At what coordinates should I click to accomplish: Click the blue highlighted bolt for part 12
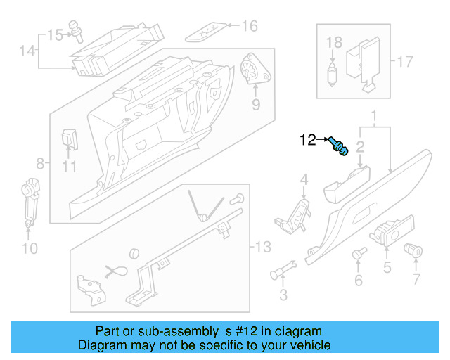339,147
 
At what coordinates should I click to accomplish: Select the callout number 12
309,140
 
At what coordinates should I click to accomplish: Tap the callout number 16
250,27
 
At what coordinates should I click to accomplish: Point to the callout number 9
256,105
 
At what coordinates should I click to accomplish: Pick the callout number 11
68,167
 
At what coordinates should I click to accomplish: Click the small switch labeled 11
70,138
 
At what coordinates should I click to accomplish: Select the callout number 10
29,248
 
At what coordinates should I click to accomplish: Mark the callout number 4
304,181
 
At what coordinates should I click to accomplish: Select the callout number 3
283,292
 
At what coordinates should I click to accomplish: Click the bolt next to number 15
76,30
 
